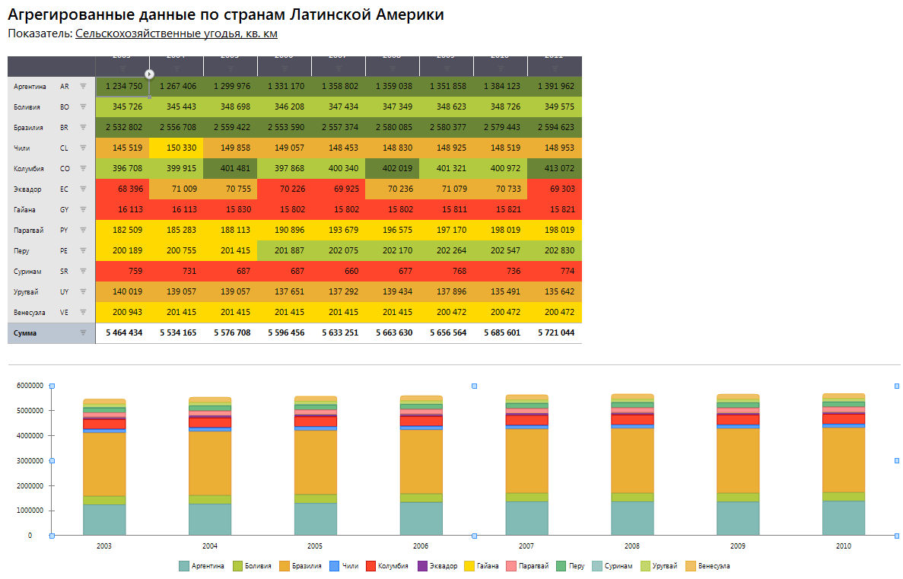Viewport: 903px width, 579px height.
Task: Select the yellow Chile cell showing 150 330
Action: [177, 148]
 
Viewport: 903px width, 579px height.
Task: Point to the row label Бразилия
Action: [30, 128]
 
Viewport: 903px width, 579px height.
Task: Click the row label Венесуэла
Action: [30, 313]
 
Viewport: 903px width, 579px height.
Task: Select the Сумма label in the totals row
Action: [25, 333]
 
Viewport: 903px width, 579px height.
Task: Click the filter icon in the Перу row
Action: [83, 250]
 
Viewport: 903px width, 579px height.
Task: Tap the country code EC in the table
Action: [65, 189]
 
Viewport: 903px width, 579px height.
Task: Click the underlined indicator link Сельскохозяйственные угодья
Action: [176, 33]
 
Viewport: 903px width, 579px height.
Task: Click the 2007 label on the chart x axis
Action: [526, 546]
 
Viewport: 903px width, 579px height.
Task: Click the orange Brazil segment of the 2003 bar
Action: [104, 464]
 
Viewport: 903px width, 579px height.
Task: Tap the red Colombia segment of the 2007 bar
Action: [526, 420]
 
